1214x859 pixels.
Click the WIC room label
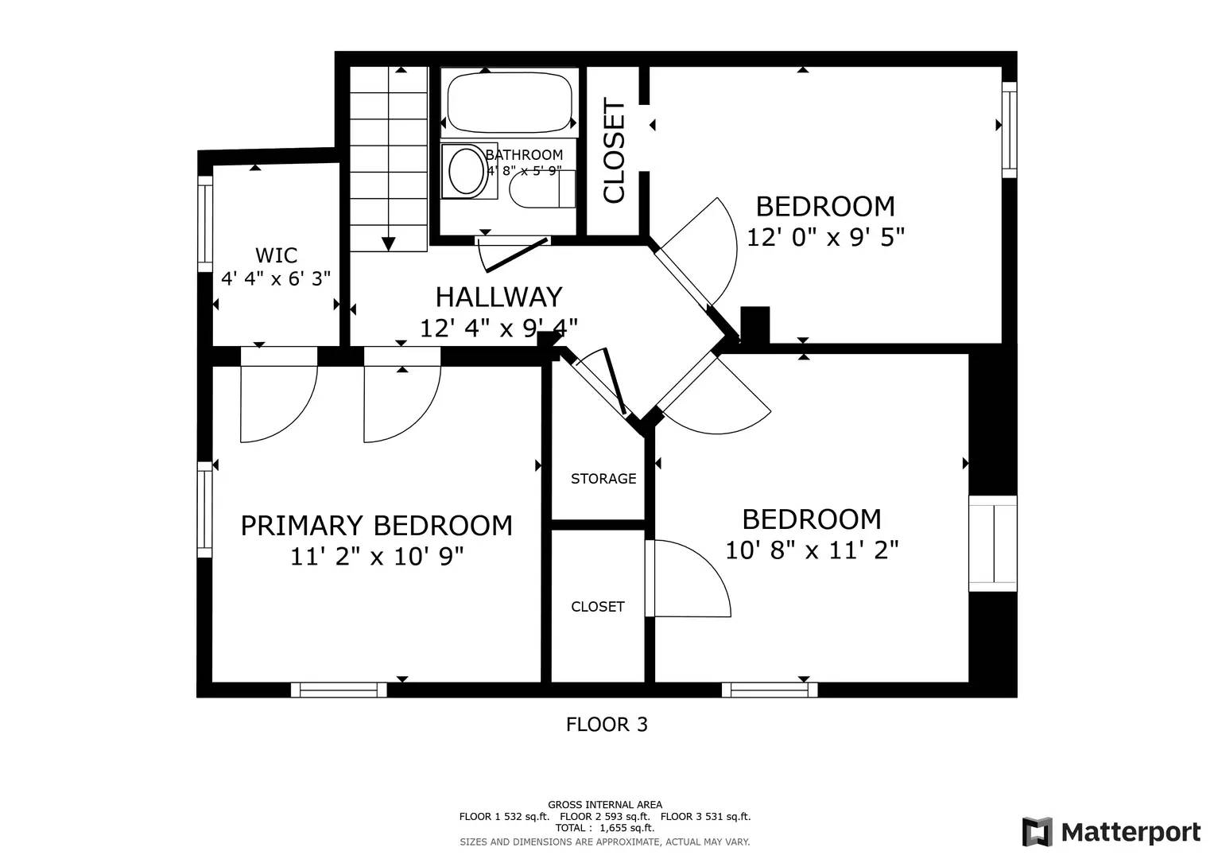pyautogui.click(x=276, y=255)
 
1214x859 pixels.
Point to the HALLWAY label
pyautogui.click(x=498, y=297)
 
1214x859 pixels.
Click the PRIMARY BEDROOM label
pyautogui.click(x=376, y=526)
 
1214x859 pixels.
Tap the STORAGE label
pyautogui.click(x=603, y=479)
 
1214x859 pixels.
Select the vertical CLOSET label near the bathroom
pyautogui.click(x=615, y=150)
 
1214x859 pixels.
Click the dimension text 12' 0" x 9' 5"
pyautogui.click(x=825, y=237)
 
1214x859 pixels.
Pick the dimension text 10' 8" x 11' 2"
pyautogui.click(x=811, y=550)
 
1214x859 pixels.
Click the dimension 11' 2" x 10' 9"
pyautogui.click(x=376, y=556)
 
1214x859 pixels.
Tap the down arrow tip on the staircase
pyautogui.click(x=389, y=245)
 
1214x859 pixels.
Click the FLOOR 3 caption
pyautogui.click(x=607, y=725)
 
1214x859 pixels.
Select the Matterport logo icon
pyautogui.click(x=1037, y=832)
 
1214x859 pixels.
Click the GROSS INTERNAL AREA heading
pyautogui.click(x=604, y=805)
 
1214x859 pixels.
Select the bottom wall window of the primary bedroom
pyautogui.click(x=339, y=690)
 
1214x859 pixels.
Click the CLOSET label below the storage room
pyautogui.click(x=598, y=607)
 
